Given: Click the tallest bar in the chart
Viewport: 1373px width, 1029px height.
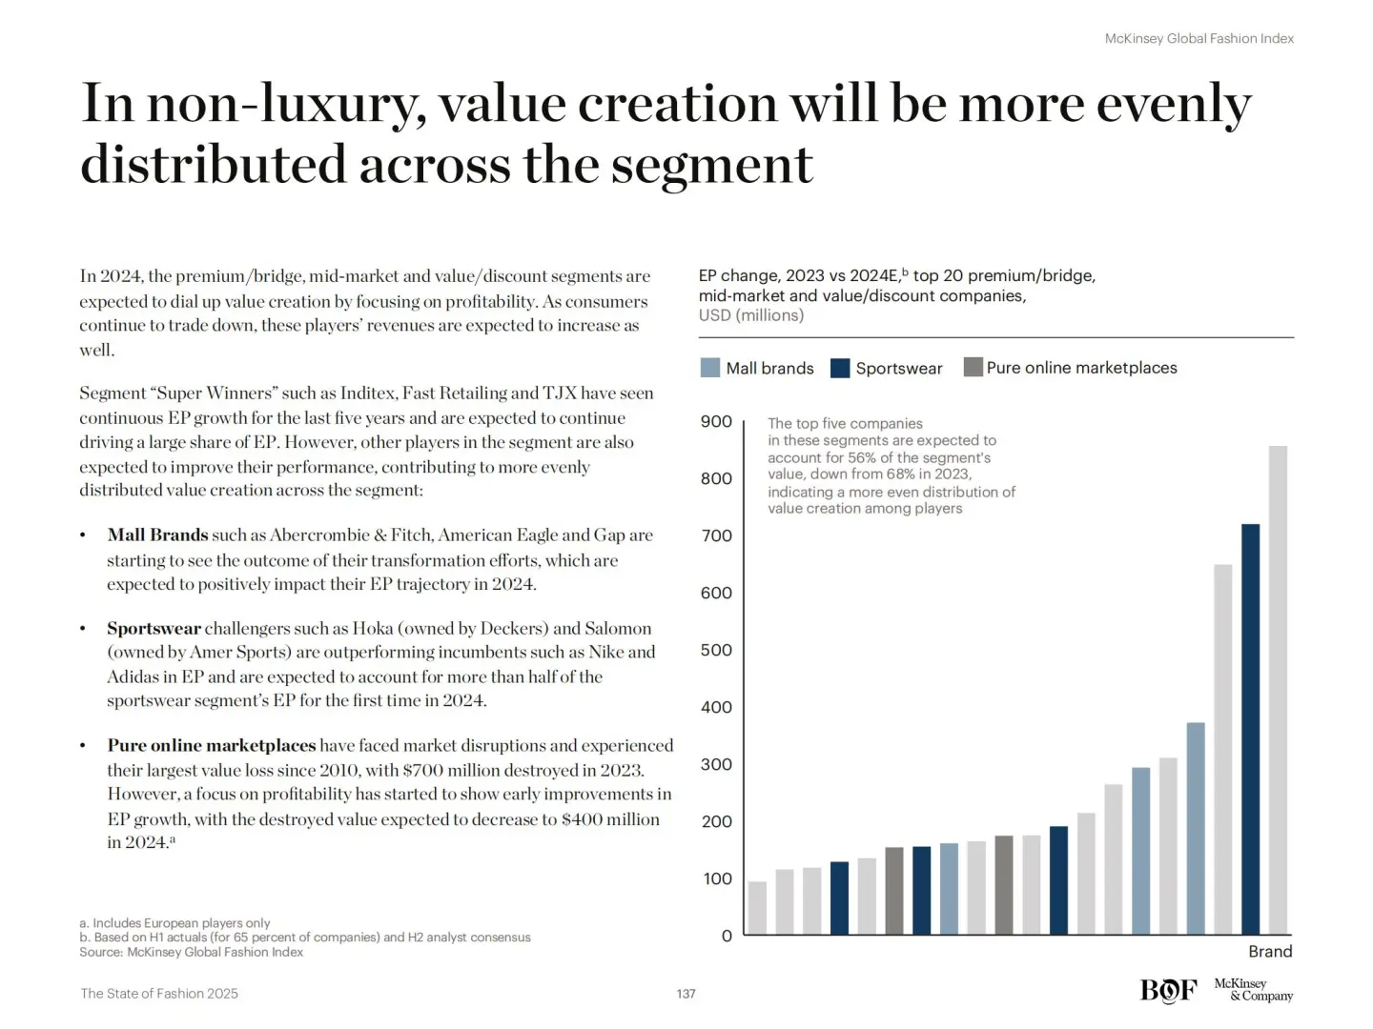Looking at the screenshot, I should [x=1278, y=690].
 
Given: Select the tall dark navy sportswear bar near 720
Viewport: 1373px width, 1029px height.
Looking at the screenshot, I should [x=1250, y=729].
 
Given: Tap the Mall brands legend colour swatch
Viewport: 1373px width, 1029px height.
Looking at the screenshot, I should [x=710, y=368].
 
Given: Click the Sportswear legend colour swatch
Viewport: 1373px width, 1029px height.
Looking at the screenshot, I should [x=840, y=368].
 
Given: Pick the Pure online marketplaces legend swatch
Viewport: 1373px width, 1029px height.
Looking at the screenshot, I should [x=973, y=368].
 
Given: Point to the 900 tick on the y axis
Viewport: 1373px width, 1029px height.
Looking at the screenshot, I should [x=716, y=421].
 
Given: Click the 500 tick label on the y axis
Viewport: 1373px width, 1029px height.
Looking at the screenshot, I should [x=716, y=650].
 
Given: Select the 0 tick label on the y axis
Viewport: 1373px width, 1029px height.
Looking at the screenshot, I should [x=727, y=936].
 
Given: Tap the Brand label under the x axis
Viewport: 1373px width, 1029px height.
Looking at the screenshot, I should [x=1270, y=951].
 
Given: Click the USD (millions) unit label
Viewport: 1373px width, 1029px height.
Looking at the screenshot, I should [x=751, y=315].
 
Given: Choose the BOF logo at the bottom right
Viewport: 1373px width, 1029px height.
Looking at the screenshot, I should [x=1168, y=991].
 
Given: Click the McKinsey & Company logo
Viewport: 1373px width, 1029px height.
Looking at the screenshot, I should [x=1253, y=990].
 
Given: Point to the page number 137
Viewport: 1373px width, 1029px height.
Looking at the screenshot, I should [x=686, y=994].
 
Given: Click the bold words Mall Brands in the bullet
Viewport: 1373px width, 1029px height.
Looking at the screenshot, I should [x=157, y=535].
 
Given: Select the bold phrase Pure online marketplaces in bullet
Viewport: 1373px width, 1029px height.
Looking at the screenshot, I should [x=211, y=745].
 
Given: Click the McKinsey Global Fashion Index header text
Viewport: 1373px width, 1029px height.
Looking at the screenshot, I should [x=1199, y=39].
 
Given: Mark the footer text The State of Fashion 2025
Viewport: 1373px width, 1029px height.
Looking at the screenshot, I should [x=159, y=994].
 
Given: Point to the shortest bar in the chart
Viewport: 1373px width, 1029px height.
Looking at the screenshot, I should [x=757, y=907].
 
